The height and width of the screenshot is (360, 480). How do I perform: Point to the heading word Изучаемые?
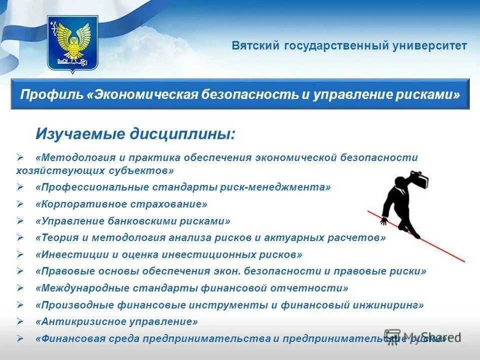[x=80, y=134]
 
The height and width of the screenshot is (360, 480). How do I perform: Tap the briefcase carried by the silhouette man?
[x=419, y=180]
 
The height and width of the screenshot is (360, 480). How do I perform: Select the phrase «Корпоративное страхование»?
[x=121, y=204]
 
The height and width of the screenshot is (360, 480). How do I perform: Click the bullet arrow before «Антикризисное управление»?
[x=20, y=321]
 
